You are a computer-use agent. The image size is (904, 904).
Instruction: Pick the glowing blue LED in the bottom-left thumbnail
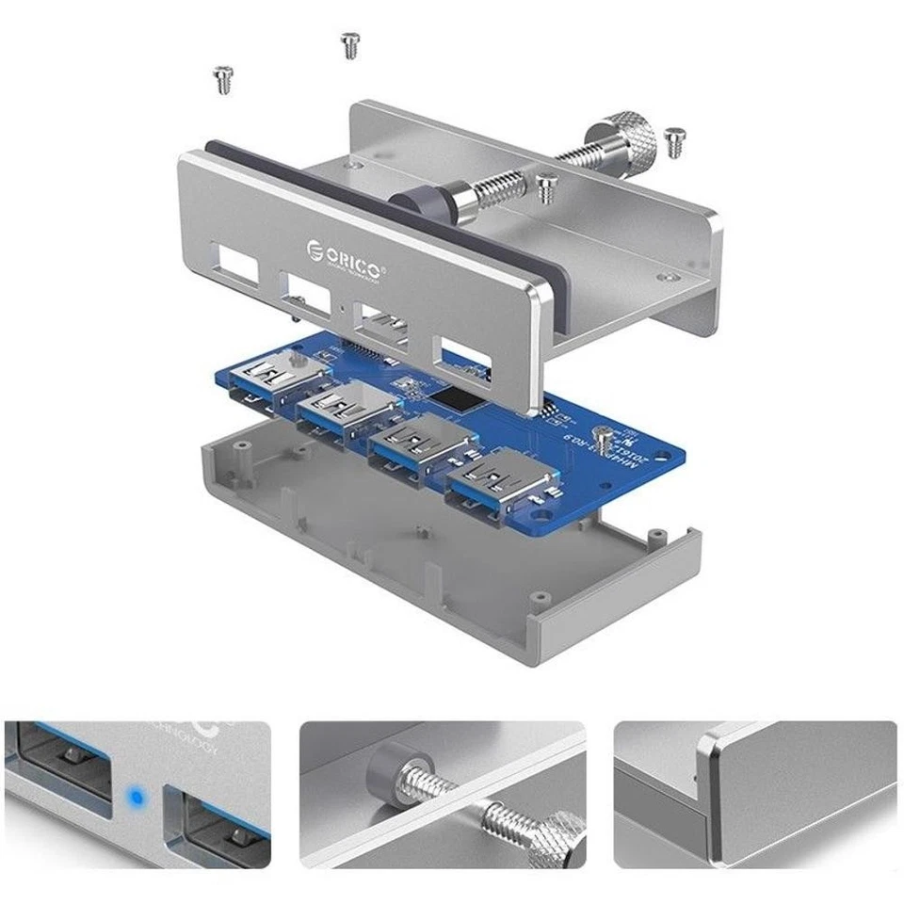pyautogui.click(x=137, y=799)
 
